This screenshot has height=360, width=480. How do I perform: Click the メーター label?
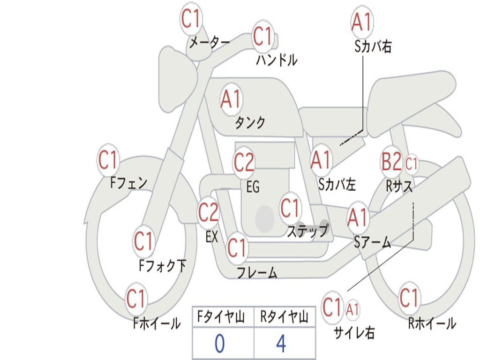pos(210,43)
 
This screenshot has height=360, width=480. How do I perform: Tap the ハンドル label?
pos(277,60)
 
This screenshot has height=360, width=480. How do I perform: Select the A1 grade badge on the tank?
pos(232,99)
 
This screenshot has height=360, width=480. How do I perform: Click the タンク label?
pos(250,122)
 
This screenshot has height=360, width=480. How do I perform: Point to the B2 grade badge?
pos(391,161)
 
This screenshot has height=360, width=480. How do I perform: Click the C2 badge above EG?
pos(244,162)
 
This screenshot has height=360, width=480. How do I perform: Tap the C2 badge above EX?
pos(209,212)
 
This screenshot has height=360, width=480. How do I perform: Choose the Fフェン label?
pos(128,183)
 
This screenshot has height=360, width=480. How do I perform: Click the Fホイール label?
pos(157,323)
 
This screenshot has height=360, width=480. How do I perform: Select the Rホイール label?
pos(432,323)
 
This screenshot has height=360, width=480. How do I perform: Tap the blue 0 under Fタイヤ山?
pos(220,344)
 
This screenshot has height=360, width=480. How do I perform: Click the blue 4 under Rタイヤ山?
pos(281,344)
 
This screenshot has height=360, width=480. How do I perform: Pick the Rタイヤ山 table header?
pos(284,317)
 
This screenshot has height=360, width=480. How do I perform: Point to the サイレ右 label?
pos(354,332)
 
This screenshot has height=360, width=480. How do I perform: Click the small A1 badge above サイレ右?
pos(352,310)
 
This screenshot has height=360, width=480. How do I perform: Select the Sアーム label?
pos(373,242)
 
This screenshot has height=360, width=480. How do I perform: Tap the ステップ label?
pos(307,231)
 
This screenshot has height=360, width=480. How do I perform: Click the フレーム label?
pos(257,272)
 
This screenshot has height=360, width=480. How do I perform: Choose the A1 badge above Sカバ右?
pos(362,22)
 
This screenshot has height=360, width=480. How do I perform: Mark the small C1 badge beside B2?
pos(411,164)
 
